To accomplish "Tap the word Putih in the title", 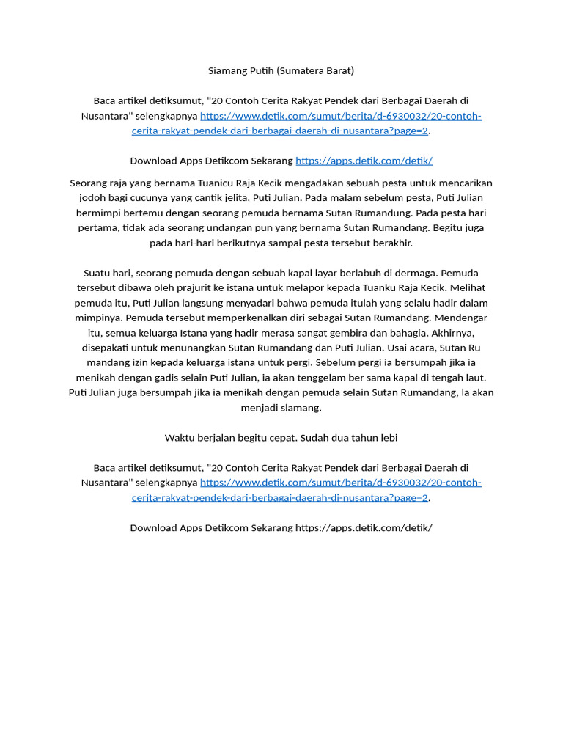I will point(260,70).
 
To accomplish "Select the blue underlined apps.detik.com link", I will point(364,161).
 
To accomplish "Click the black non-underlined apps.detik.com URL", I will point(364,527).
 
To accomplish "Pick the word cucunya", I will point(153,198).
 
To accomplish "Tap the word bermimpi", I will point(100,213).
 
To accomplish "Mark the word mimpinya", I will point(98,318).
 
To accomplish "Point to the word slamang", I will point(301,408).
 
